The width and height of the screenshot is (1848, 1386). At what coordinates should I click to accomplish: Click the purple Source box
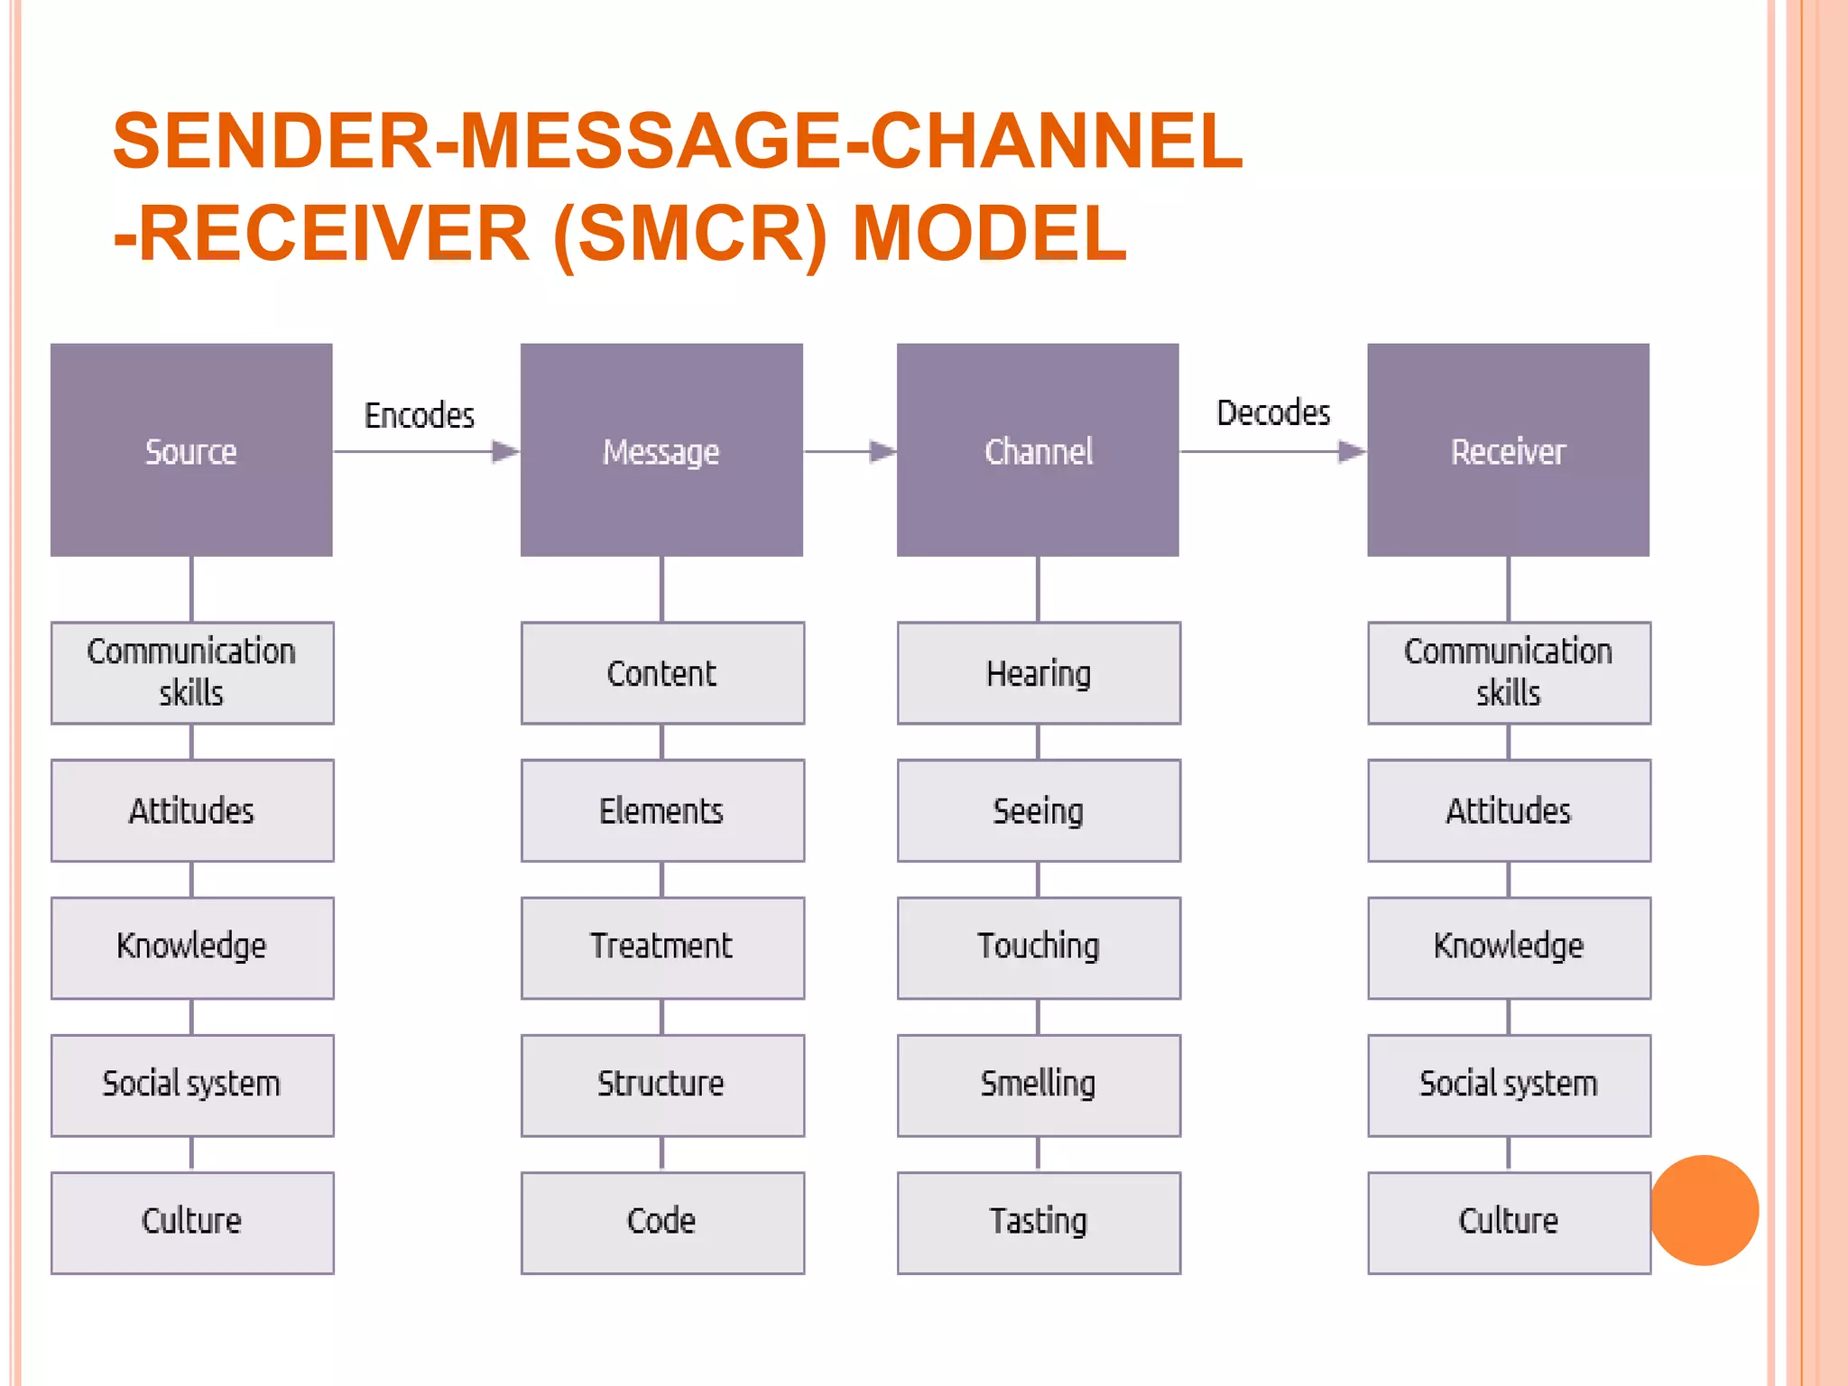pyautogui.click(x=191, y=449)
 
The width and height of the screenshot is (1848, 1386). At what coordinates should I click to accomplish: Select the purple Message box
pyautogui.click(x=661, y=449)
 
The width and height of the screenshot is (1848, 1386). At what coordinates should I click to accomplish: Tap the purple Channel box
pyautogui.click(x=1038, y=449)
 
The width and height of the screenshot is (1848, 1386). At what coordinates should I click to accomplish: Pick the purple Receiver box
pyautogui.click(x=1508, y=449)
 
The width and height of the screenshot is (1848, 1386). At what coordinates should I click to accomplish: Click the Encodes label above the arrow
pyautogui.click(x=420, y=415)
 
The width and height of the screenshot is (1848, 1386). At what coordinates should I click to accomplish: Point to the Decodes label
pyautogui.click(x=1273, y=412)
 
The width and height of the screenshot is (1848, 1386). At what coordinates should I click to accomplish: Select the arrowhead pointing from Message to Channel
pyautogui.click(x=882, y=451)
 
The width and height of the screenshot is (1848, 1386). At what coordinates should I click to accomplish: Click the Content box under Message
pyautogui.click(x=661, y=673)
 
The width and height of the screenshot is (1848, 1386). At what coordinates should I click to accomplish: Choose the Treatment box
pyautogui.click(x=661, y=947)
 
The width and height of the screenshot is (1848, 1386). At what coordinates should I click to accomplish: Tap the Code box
pyautogui.click(x=661, y=1222)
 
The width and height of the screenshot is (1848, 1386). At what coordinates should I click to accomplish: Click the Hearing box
pyautogui.click(x=1039, y=673)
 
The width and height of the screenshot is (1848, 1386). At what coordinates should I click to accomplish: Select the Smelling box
pyautogui.click(x=1039, y=1084)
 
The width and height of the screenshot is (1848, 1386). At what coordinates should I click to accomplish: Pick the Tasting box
pyautogui.click(x=1039, y=1222)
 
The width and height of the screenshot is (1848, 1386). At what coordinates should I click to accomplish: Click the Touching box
pyautogui.click(x=1039, y=947)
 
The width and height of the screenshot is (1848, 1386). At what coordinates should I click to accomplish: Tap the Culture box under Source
pyautogui.click(x=192, y=1222)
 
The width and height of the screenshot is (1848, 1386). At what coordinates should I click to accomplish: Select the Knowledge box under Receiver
pyautogui.click(x=1509, y=947)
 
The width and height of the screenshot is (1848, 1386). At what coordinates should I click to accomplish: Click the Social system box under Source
pyautogui.click(x=192, y=1084)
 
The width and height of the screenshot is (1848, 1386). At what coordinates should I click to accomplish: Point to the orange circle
pyautogui.click(x=1704, y=1210)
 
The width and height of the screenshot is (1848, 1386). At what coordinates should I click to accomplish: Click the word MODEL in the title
pyautogui.click(x=990, y=234)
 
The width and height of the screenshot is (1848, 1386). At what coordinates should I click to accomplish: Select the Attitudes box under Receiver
pyautogui.click(x=1509, y=810)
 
